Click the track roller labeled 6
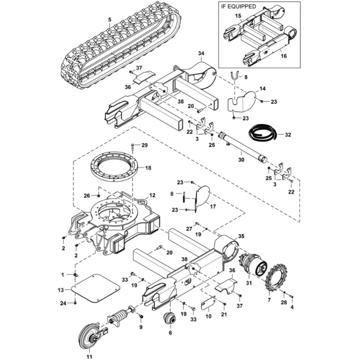[170, 318]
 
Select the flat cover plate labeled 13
[95, 288]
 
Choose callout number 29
[144, 145]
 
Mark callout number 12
[152, 195]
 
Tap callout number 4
[292, 307]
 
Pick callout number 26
[86, 196]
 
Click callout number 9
[141, 327]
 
